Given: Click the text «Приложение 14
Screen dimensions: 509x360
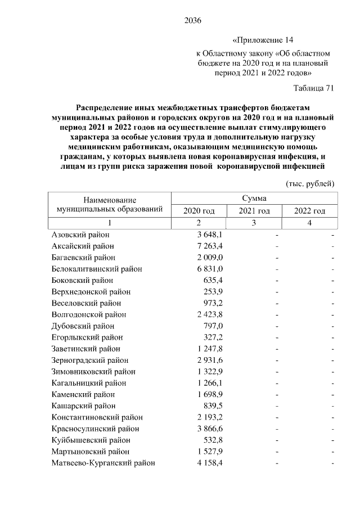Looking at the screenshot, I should pos(263,40).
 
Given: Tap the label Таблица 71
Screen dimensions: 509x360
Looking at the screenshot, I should pos(314,88).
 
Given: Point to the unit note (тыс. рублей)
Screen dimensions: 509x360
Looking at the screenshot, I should pos(310,184).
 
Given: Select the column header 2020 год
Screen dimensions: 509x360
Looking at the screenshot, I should pos(199,211).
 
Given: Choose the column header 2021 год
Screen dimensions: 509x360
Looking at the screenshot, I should pos(254,211).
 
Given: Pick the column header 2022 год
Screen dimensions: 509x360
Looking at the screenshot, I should pos(310,211).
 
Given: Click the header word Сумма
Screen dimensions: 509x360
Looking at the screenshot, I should pos(254,198).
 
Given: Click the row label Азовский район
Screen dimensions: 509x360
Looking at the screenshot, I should pos(80,235).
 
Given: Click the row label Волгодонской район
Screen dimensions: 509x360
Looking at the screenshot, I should pos(88,314).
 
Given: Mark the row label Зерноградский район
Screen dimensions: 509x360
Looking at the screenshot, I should pos(89,360).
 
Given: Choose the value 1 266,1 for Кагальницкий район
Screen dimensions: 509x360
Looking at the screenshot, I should pos(210,383).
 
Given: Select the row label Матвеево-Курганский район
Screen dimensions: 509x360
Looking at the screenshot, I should pos(103,463).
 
